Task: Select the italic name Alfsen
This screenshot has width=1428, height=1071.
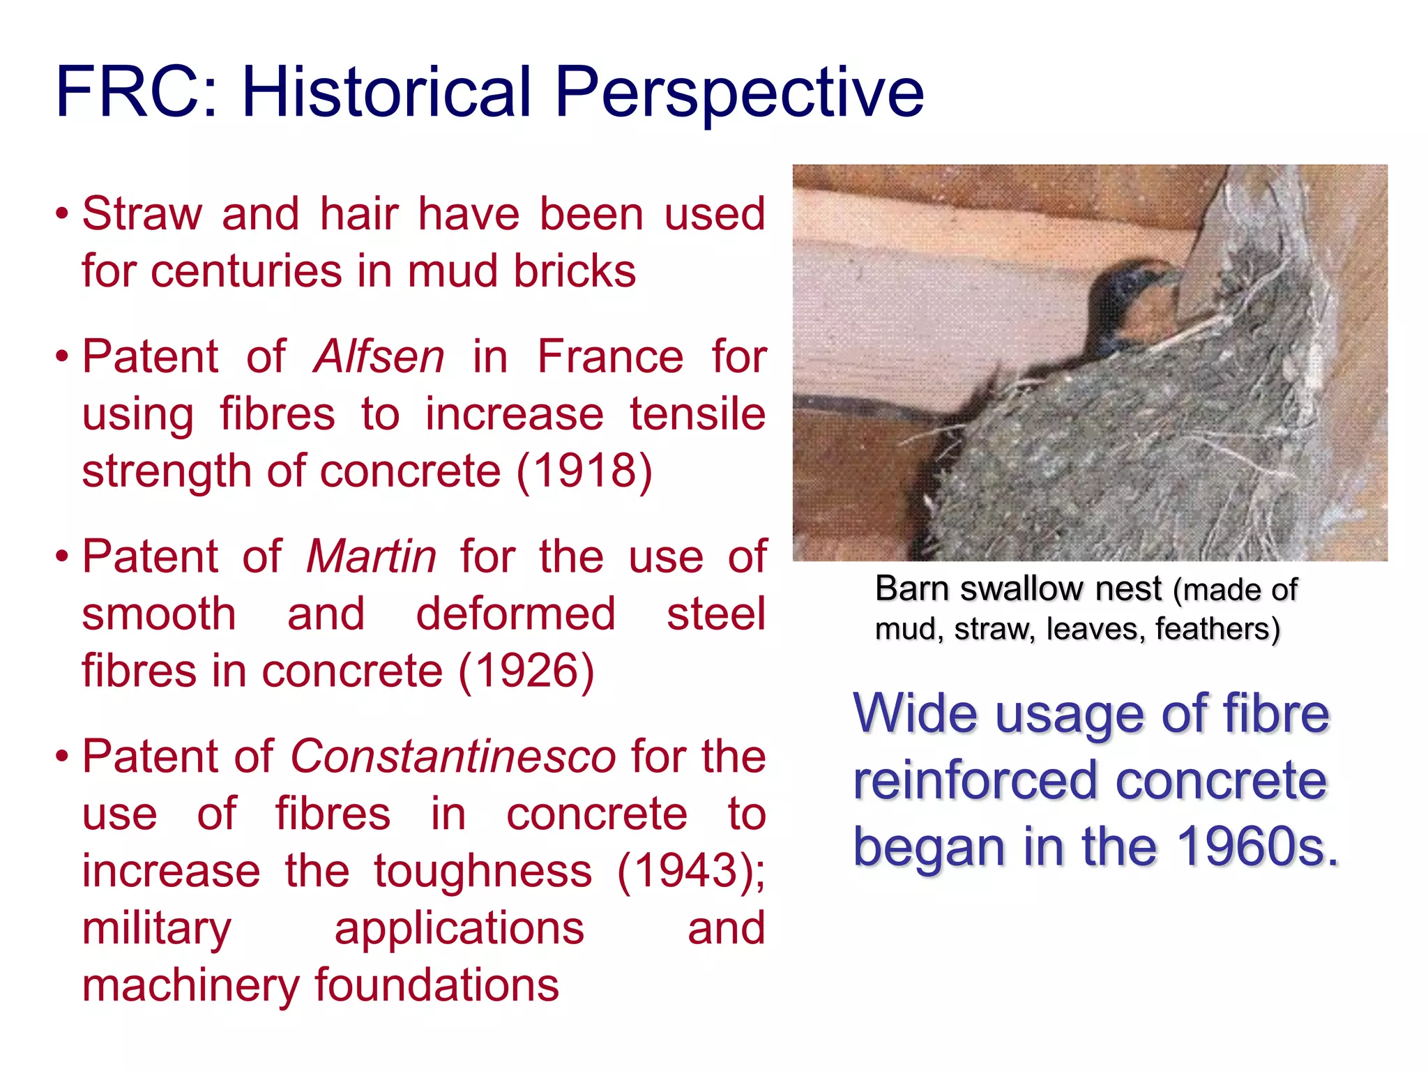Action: [x=379, y=356]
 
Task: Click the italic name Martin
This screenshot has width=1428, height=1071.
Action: [x=372, y=556]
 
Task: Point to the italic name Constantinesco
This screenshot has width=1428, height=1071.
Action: [x=453, y=757]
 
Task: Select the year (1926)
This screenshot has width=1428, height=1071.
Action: [x=526, y=671]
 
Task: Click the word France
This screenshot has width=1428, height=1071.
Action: [x=610, y=356]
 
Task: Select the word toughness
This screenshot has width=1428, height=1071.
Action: [x=483, y=871]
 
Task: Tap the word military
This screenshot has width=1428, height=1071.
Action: [x=157, y=929]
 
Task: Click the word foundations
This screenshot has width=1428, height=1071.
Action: [x=436, y=985]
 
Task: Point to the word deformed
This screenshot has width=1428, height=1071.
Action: [x=515, y=614]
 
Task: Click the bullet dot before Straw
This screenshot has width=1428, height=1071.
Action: [x=62, y=214]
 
